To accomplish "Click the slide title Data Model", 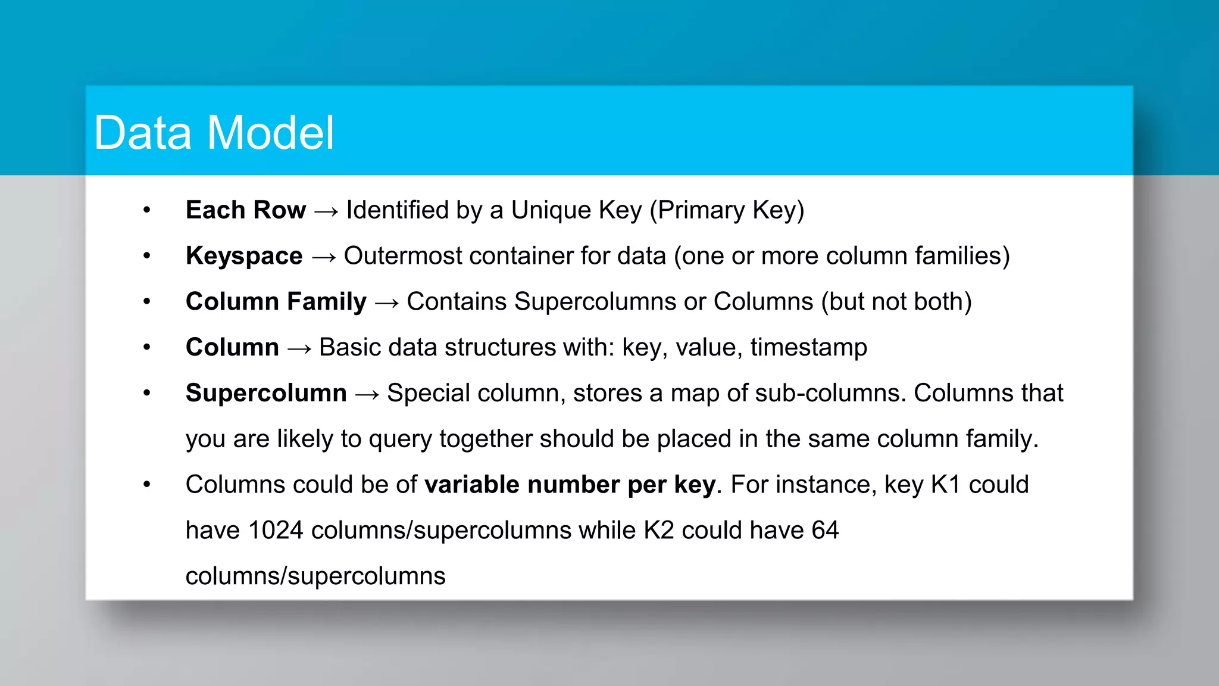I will (x=214, y=132).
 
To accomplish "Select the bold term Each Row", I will (x=246, y=210).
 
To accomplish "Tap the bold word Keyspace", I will (x=244, y=256).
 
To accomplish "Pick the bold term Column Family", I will (x=276, y=302).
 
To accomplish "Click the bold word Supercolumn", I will (x=266, y=393).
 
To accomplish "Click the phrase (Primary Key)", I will (x=727, y=210).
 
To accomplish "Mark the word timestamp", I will (x=808, y=347).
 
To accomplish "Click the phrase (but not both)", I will (x=896, y=302).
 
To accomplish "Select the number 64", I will (x=825, y=530).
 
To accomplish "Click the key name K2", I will (x=658, y=530).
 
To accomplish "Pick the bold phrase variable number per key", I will (x=570, y=485).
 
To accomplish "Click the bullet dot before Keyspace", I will (x=147, y=256).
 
